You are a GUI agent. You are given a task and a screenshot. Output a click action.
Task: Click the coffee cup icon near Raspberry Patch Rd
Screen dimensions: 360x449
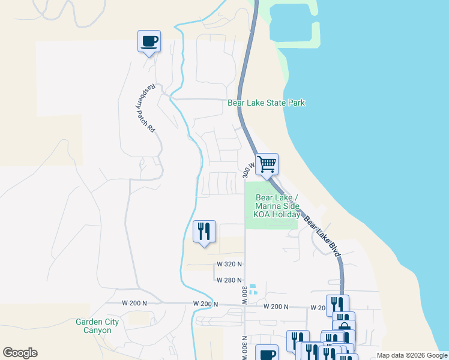click(x=149, y=41)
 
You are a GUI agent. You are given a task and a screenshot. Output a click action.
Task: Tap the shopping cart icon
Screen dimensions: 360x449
click(x=267, y=163)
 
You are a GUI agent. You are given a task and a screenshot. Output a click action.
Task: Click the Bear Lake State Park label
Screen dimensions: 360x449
click(x=266, y=103)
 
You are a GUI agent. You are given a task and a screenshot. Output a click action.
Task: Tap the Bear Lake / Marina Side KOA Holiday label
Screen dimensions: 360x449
click(x=277, y=206)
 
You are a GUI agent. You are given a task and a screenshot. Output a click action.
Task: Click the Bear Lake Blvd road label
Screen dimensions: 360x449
click(x=322, y=237)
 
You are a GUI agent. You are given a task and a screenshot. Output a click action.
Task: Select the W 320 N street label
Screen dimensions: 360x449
click(x=229, y=264)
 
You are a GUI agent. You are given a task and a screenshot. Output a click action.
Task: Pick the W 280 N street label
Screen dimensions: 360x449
click(x=228, y=280)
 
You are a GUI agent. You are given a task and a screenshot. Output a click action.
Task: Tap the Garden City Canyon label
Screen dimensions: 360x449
click(x=97, y=326)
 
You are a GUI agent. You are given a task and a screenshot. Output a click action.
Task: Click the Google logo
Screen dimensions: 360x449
click(x=20, y=353)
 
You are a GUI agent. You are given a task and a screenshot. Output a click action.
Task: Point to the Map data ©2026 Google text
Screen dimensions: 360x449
click(x=411, y=355)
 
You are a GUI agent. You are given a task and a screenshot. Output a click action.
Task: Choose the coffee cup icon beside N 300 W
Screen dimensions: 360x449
click(x=267, y=354)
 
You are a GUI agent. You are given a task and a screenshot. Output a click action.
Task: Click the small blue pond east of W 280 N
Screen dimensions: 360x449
click(x=253, y=289)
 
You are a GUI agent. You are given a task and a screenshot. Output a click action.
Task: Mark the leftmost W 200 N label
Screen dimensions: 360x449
click(x=134, y=303)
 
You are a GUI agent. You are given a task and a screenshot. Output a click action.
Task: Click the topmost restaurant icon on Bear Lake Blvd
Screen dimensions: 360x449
click(x=337, y=305)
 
